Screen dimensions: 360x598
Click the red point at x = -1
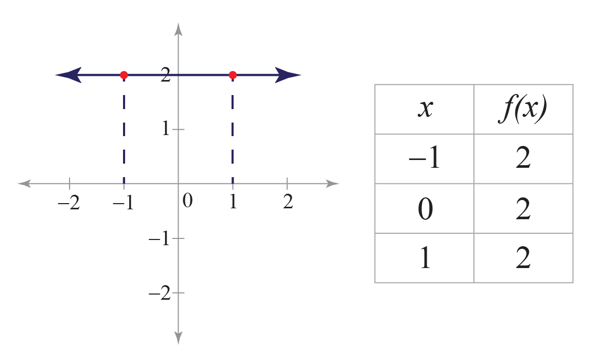pos(124,75)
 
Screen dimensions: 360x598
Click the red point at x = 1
pos(233,75)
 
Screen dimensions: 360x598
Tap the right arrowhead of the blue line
pos(288,75)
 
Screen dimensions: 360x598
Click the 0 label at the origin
pos(187,201)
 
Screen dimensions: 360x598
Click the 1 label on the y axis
pos(166,129)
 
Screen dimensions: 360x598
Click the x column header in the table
pos(425,109)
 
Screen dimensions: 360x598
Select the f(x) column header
pos(523,109)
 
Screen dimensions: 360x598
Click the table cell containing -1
pos(425,158)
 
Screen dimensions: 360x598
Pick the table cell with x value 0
pos(425,208)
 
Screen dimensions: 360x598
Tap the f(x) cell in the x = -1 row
pos(523,158)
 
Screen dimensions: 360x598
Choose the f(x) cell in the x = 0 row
pos(523,208)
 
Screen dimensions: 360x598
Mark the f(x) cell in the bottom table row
pos(523,258)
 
